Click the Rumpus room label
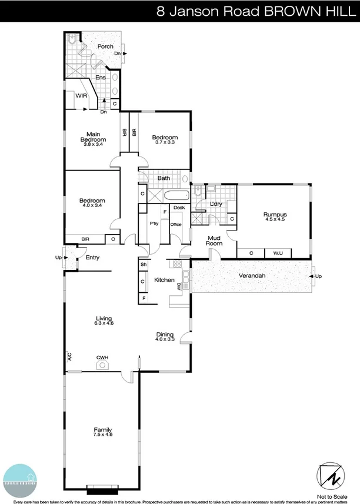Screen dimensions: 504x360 (274, 215)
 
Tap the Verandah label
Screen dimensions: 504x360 (250, 276)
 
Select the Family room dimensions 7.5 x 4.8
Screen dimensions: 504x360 (102, 435)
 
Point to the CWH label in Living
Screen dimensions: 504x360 (102, 357)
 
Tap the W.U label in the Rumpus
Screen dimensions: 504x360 (278, 253)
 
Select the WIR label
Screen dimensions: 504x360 (81, 95)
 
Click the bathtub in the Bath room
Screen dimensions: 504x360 (175, 195)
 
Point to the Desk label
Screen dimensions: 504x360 (179, 208)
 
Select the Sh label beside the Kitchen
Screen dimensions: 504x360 (143, 265)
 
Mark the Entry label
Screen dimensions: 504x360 (92, 258)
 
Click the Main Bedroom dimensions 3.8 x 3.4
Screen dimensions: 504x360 (93, 144)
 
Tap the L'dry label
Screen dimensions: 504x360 (215, 203)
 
